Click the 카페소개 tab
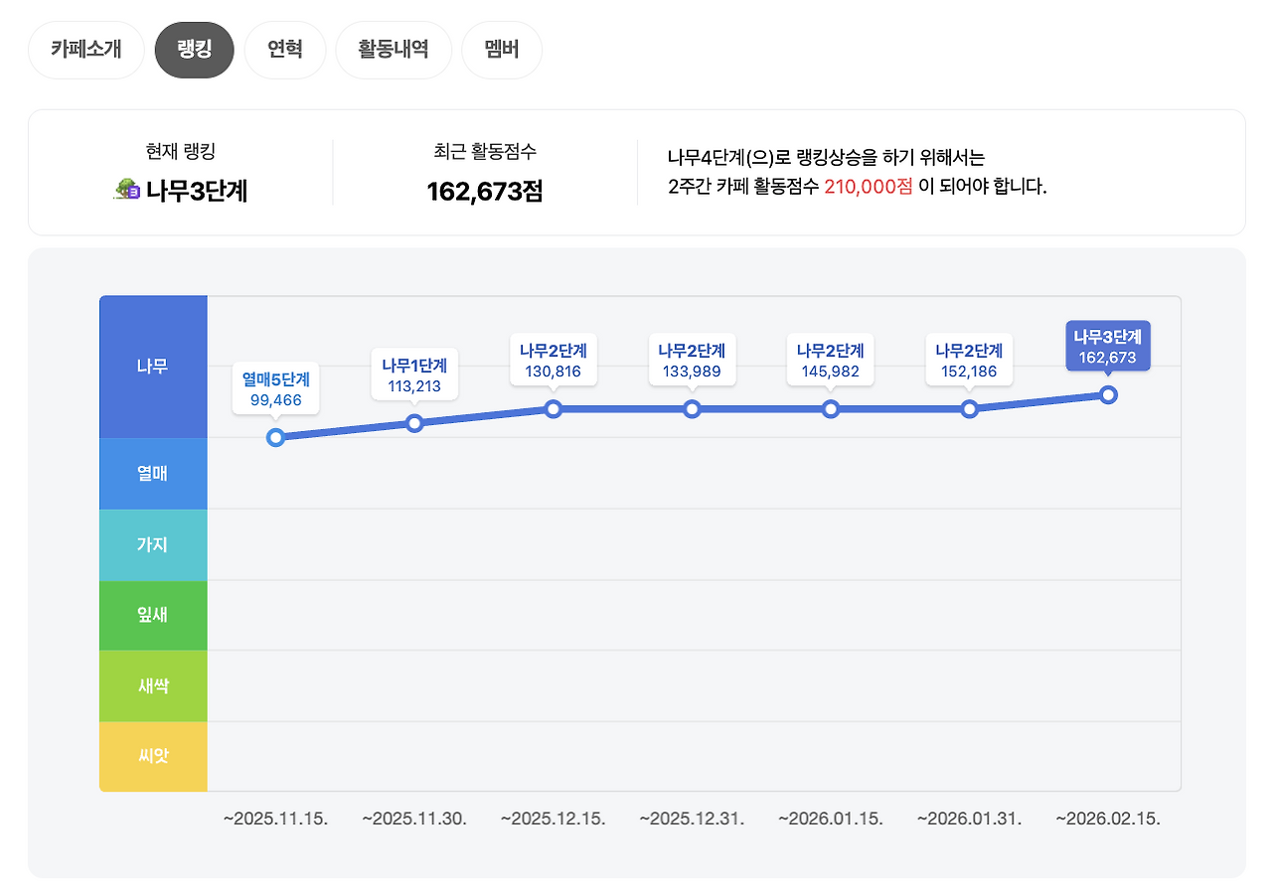pos(86,50)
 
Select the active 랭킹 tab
pos(194,50)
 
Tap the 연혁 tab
pos(284,50)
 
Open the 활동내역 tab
pos(394,50)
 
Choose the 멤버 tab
pos(502,50)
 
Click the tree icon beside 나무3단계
pos(127,190)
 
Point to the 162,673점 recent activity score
pos(485,191)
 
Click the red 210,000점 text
pos(868,186)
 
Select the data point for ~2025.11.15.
pos(276,438)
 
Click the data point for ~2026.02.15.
pos(1109,395)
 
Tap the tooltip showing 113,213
pos(414,375)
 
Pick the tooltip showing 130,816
pos(554,362)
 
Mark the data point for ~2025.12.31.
pos(693,409)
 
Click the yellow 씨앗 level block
pos(153,757)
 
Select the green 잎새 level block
pos(153,615)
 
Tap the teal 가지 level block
pos(153,544)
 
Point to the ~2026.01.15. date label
pos(831,819)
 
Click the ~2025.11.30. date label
pos(414,819)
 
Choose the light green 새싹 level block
pos(153,686)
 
